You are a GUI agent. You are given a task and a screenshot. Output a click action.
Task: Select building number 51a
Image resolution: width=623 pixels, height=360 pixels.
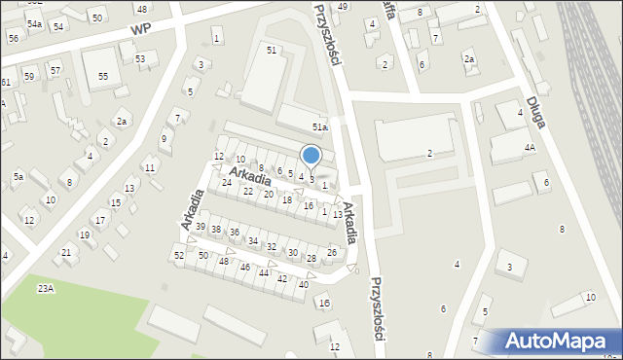click(319, 127)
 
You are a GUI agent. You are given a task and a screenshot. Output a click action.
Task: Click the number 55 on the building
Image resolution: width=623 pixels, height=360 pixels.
click(102, 75)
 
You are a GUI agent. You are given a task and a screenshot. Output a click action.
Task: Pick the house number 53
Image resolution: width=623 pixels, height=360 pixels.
click(140, 59)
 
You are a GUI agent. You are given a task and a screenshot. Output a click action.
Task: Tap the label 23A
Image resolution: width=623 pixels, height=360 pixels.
click(46, 288)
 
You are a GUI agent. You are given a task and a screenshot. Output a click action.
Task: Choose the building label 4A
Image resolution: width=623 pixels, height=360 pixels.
click(530, 148)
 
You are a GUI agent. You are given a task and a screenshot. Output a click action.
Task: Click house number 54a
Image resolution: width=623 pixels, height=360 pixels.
click(34, 23)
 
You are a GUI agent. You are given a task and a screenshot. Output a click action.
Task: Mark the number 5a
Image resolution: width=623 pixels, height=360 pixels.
click(18, 176)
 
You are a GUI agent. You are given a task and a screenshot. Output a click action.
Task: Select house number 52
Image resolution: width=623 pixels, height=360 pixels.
click(179, 255)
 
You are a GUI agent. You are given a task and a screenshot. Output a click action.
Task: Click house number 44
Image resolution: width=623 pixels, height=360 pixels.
click(264, 272)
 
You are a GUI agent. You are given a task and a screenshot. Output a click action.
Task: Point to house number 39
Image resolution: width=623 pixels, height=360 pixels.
click(201, 227)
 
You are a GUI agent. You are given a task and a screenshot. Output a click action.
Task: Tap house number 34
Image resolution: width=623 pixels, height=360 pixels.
click(253, 240)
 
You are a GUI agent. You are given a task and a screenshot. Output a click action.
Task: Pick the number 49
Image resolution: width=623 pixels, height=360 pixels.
click(343, 7)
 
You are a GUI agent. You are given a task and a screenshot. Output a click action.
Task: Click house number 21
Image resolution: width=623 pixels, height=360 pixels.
click(66, 252)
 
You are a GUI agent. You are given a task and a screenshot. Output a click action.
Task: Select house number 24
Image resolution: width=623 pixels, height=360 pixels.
click(227, 182)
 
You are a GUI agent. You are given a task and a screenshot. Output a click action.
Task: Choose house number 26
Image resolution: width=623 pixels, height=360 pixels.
click(332, 252)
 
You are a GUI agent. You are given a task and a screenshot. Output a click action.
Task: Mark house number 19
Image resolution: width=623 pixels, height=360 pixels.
click(84, 234)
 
